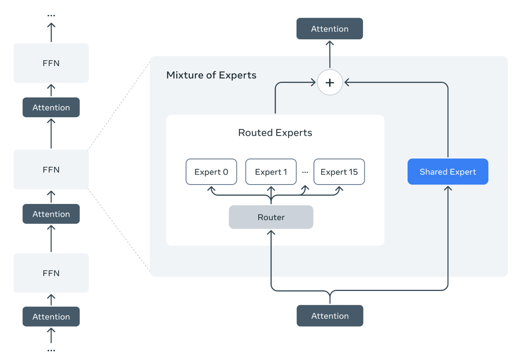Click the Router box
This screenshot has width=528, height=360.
click(x=271, y=217)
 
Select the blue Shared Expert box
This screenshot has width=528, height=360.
click(x=448, y=172)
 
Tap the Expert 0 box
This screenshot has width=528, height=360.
click(x=211, y=172)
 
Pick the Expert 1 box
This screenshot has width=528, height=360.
click(x=271, y=172)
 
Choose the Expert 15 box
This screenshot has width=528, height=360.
click(x=339, y=172)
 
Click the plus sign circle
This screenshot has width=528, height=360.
click(x=330, y=83)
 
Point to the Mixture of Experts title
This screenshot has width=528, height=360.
click(x=211, y=75)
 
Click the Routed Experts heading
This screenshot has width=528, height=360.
click(x=275, y=133)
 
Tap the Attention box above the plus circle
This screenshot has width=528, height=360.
click(x=330, y=29)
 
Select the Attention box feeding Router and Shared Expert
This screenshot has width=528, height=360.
click(x=330, y=316)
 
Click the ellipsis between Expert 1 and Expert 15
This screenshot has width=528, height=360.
click(x=305, y=172)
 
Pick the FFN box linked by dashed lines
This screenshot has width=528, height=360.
click(x=51, y=170)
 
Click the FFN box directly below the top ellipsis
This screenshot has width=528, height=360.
click(x=51, y=63)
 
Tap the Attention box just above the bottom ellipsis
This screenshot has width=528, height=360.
click(x=51, y=317)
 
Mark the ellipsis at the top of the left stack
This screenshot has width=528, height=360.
click(x=51, y=16)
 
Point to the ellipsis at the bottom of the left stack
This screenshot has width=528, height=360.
click(x=51, y=350)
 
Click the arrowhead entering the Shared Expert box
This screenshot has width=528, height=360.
click(x=448, y=188)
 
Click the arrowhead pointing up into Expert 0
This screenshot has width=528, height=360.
click(x=211, y=188)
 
